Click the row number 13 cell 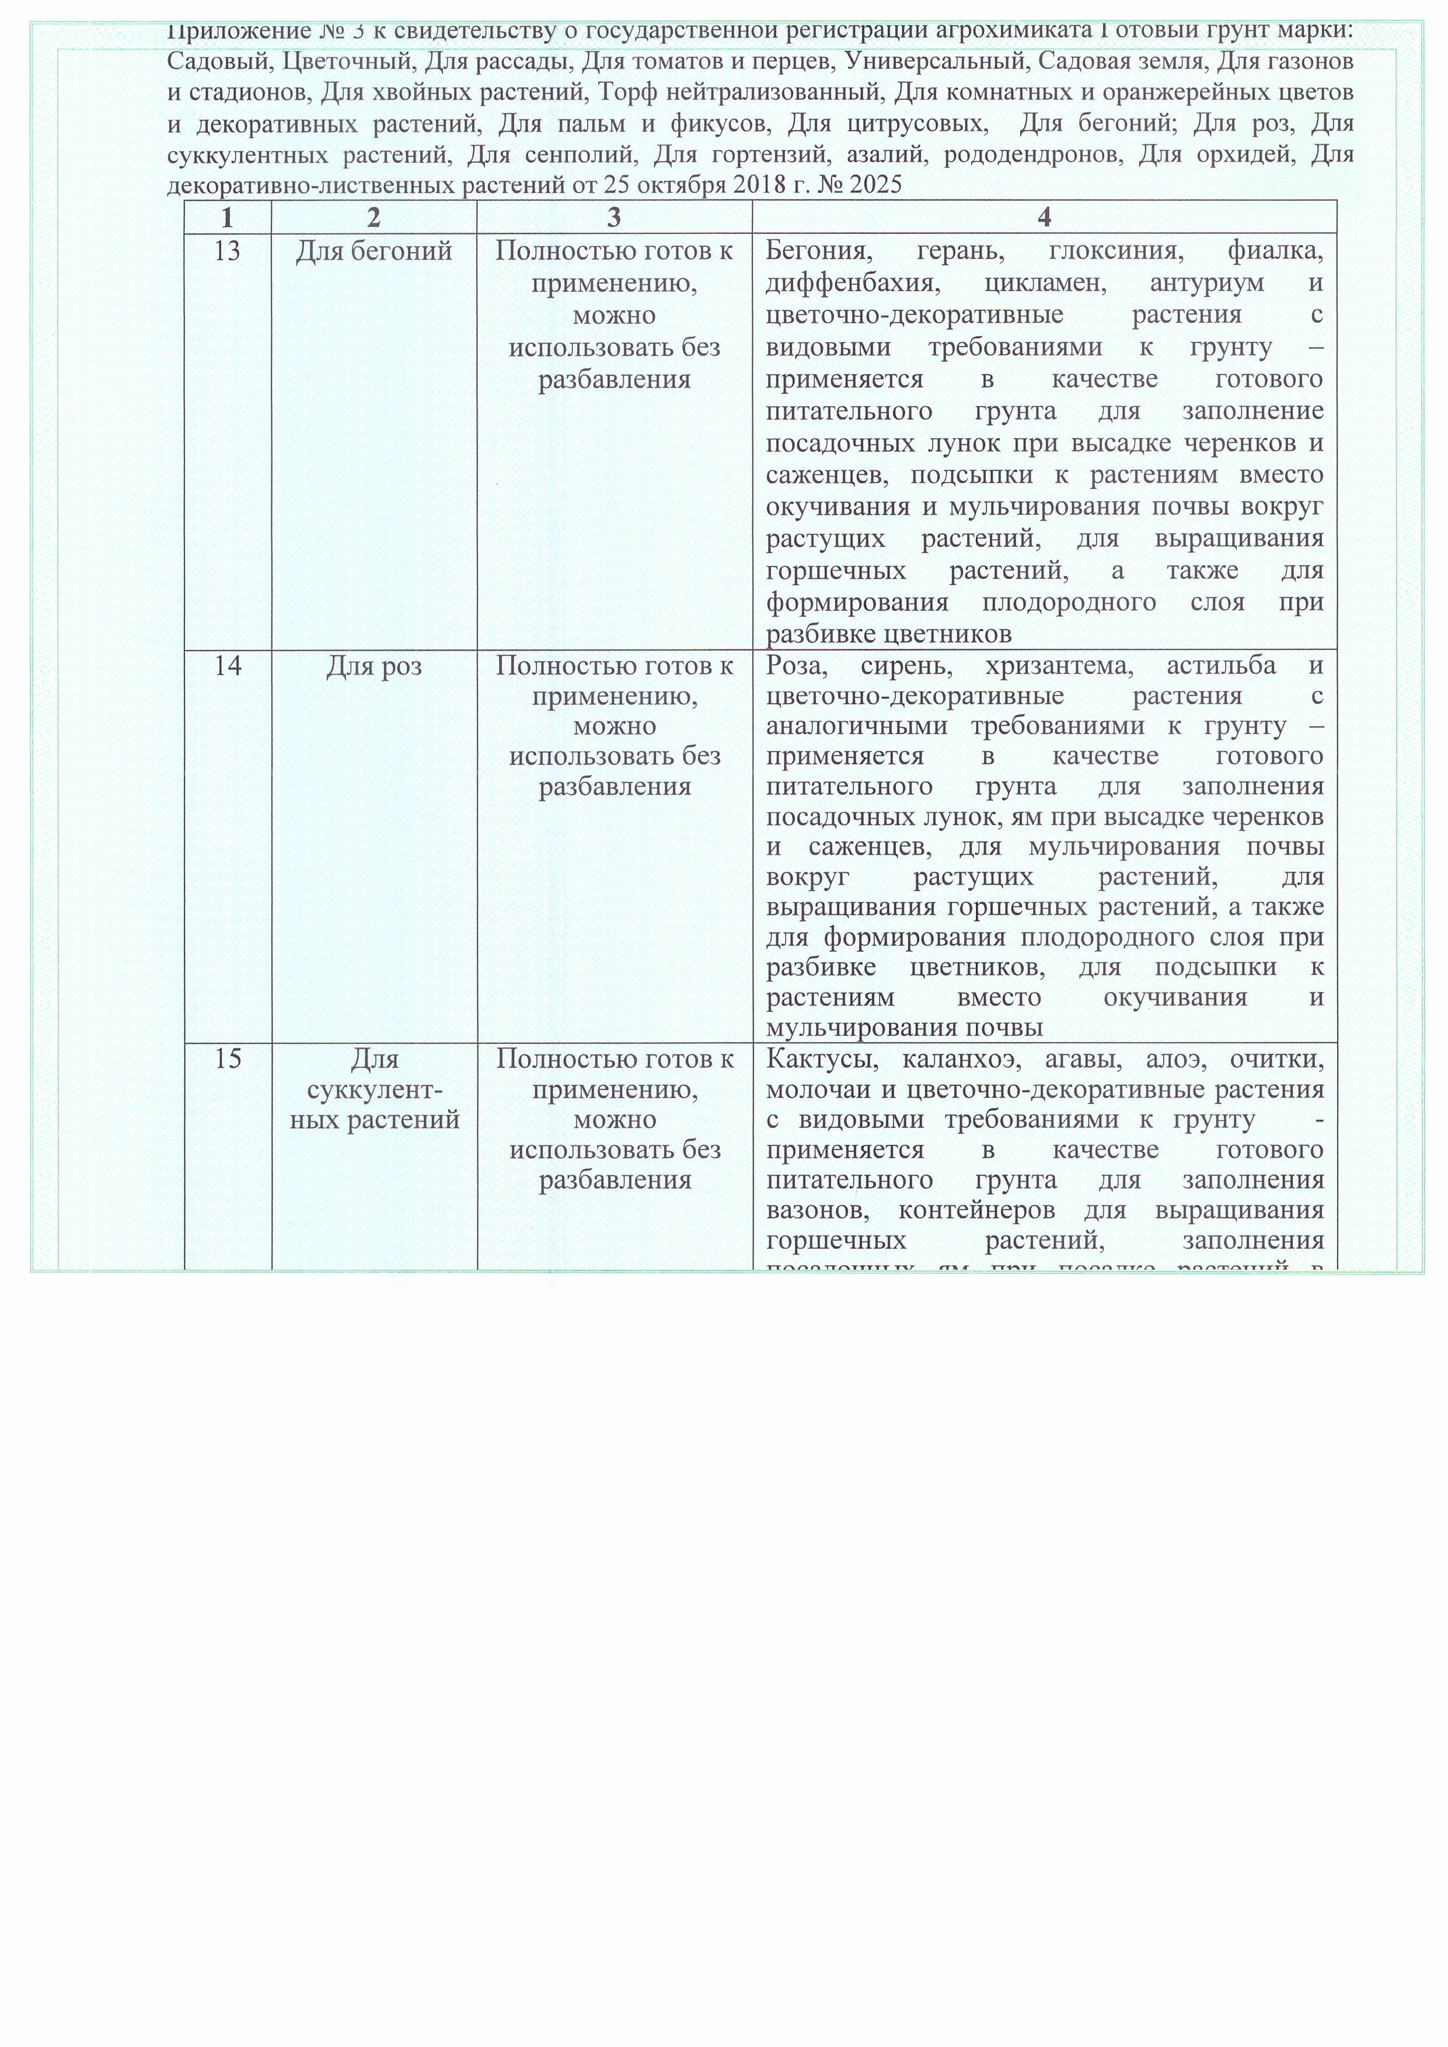[x=228, y=252]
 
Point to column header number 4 [x=1044, y=218]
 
